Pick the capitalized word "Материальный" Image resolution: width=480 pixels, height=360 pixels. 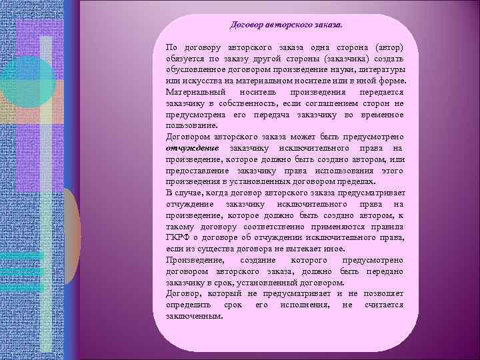pyautogui.click(x=196, y=91)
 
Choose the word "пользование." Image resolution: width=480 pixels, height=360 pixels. pyautogui.click(x=191, y=124)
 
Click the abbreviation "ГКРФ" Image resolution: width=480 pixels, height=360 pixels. pyautogui.click(x=180, y=237)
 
